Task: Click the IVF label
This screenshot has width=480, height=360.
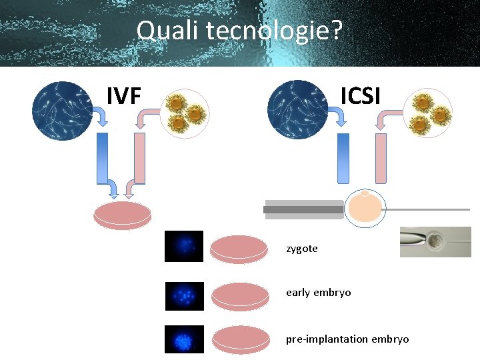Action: pyautogui.click(x=124, y=96)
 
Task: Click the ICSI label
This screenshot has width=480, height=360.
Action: pyautogui.click(x=360, y=96)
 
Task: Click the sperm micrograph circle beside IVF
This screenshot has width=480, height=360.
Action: pyautogui.click(x=62, y=110)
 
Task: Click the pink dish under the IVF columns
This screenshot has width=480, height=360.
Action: pyautogui.click(x=123, y=215)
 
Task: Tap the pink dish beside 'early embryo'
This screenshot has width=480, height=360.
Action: pyautogui.click(x=239, y=295)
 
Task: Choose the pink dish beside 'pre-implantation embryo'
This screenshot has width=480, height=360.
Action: pyautogui.click(x=239, y=339)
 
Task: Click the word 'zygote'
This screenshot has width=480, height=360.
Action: pyautogui.click(x=302, y=249)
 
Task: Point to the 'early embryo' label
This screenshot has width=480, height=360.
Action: pyautogui.click(x=318, y=293)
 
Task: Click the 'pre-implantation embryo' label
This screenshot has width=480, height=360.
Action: pyautogui.click(x=347, y=339)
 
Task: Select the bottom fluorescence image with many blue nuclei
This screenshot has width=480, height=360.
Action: pyautogui.click(x=185, y=339)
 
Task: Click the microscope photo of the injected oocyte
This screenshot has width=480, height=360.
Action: pyautogui.click(x=435, y=242)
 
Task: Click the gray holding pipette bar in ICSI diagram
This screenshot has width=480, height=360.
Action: pyautogui.click(x=304, y=209)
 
